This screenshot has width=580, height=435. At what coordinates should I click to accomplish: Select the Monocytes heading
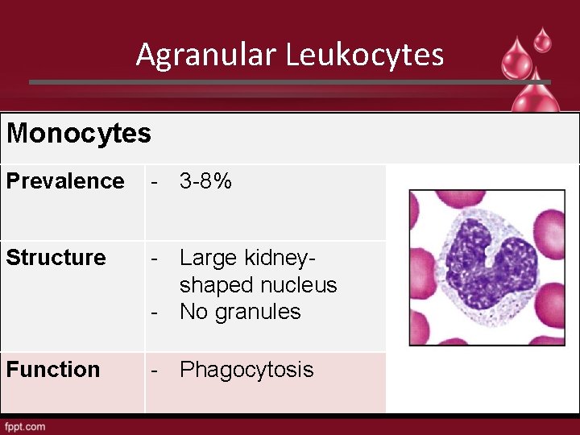78,133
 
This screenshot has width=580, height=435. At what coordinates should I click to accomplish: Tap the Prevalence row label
65,181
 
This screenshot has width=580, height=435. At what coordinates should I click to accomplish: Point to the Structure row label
56,258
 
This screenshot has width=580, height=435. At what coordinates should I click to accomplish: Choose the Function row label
53,370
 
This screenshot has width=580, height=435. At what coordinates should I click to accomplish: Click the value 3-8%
205,181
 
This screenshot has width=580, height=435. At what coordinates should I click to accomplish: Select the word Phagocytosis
246,370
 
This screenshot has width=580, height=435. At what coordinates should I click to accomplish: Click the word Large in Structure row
207,258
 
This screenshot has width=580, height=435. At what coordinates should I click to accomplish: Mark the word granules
260,312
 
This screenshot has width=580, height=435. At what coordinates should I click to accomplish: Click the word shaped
215,285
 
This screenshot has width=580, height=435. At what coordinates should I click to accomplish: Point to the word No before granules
193,312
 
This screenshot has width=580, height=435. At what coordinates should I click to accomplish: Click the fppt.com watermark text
25,426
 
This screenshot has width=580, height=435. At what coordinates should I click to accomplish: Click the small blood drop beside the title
543,39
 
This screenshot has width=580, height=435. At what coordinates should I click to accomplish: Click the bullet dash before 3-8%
155,182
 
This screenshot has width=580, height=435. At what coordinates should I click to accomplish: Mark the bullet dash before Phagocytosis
155,371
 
